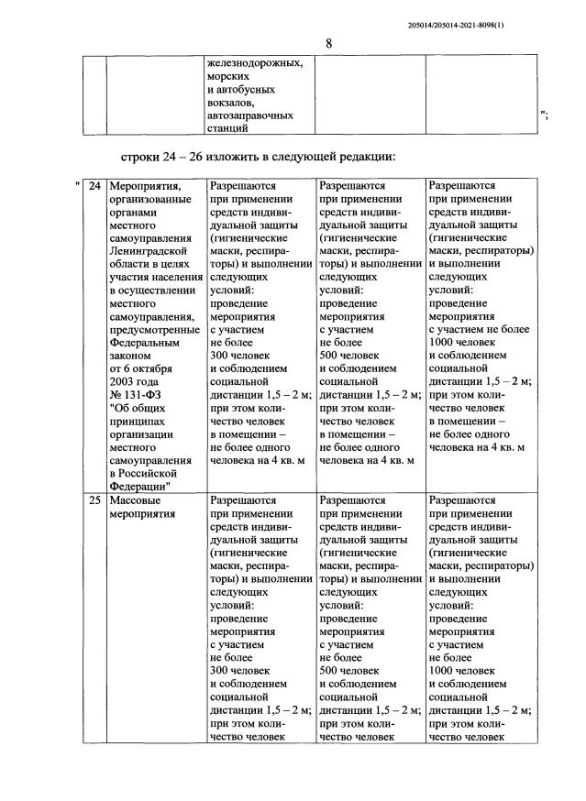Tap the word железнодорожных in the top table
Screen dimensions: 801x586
click(x=254, y=63)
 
